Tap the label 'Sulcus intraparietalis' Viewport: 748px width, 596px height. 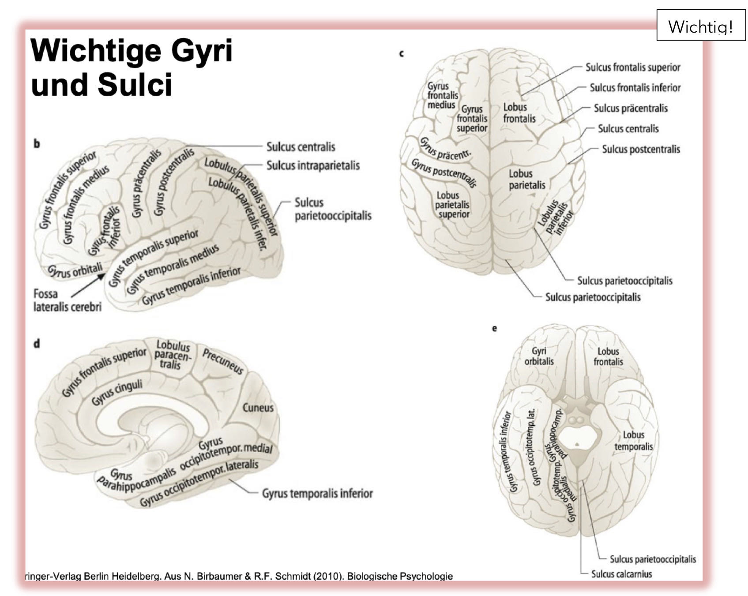pyautogui.click(x=313, y=166)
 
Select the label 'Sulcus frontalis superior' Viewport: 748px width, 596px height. pyautogui.click(x=633, y=67)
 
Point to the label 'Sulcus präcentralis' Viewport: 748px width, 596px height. pyautogui.click(x=631, y=109)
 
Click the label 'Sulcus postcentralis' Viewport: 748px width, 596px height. pyautogui.click(x=641, y=150)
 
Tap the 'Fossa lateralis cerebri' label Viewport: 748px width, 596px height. pyautogui.click(x=67, y=300)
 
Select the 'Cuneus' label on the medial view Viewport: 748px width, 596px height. pyautogui.click(x=258, y=408)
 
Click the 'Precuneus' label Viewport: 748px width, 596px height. pyautogui.click(x=223, y=361)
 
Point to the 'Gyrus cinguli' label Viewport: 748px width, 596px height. pyautogui.click(x=117, y=392)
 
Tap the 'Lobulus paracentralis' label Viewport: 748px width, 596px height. pyautogui.click(x=173, y=355)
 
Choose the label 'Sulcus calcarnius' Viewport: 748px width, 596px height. pyautogui.click(x=621, y=574)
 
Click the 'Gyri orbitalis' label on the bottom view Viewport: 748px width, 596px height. pyautogui.click(x=539, y=356)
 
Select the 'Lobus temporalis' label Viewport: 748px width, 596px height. pyautogui.click(x=633, y=441)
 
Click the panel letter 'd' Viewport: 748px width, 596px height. pyautogui.click(x=37, y=344)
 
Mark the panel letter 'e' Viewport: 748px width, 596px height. pyautogui.click(x=494, y=328)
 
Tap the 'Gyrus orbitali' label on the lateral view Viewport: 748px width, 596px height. pyautogui.click(x=75, y=270)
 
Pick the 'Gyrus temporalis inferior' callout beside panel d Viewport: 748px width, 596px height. pyautogui.click(x=317, y=493)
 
